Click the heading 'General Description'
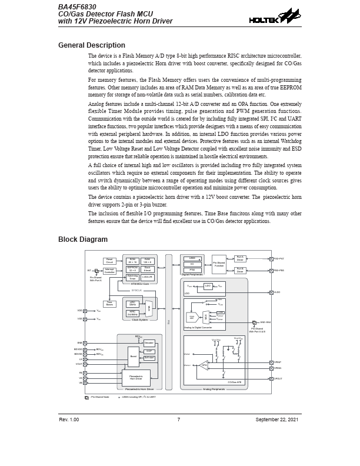[x=92, y=45]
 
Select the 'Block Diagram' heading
[x=83, y=239]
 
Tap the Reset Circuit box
[x=109, y=261]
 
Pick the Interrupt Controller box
[x=109, y=271]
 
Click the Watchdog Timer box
[x=132, y=277]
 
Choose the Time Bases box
[x=109, y=304]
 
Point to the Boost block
[x=134, y=356]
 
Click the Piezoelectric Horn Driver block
[x=136, y=378]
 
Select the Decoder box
[x=149, y=342]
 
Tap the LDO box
[x=208, y=286]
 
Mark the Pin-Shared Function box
[x=219, y=264]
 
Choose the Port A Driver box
[x=239, y=258]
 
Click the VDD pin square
[x=85, y=311]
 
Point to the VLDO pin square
[x=270, y=292]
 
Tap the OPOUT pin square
[x=270, y=378]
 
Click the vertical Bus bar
[x=169, y=322]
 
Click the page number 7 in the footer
[x=178, y=420]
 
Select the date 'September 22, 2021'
[x=276, y=420]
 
